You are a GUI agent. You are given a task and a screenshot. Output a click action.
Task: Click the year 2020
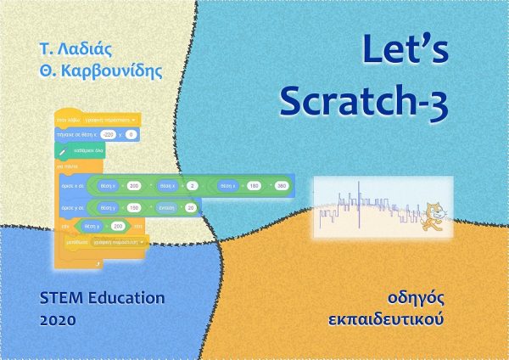[x=58, y=322]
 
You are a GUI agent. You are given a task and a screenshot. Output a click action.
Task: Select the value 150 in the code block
[x=134, y=207]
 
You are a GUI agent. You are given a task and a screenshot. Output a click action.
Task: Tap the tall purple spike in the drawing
[x=358, y=207]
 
